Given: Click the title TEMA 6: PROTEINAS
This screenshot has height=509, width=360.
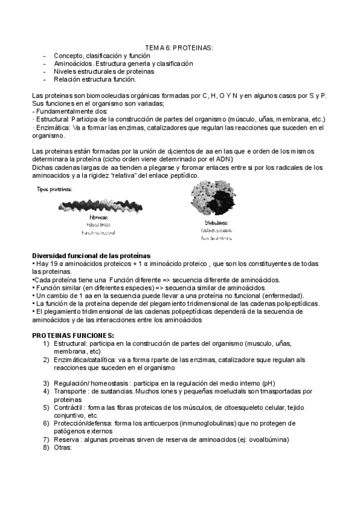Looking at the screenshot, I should click(x=180, y=47).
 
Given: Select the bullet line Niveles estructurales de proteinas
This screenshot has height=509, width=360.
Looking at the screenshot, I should click(x=104, y=71).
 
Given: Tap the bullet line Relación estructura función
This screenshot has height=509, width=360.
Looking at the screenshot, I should click(x=95, y=79).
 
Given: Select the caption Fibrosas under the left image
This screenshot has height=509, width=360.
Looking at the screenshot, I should click(x=99, y=217).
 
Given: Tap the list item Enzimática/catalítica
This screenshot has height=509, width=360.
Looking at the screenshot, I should click(x=86, y=359).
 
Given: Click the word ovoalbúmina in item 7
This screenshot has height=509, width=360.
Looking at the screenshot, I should click(x=266, y=439).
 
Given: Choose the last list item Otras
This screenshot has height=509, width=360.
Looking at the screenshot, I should click(x=62, y=447).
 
